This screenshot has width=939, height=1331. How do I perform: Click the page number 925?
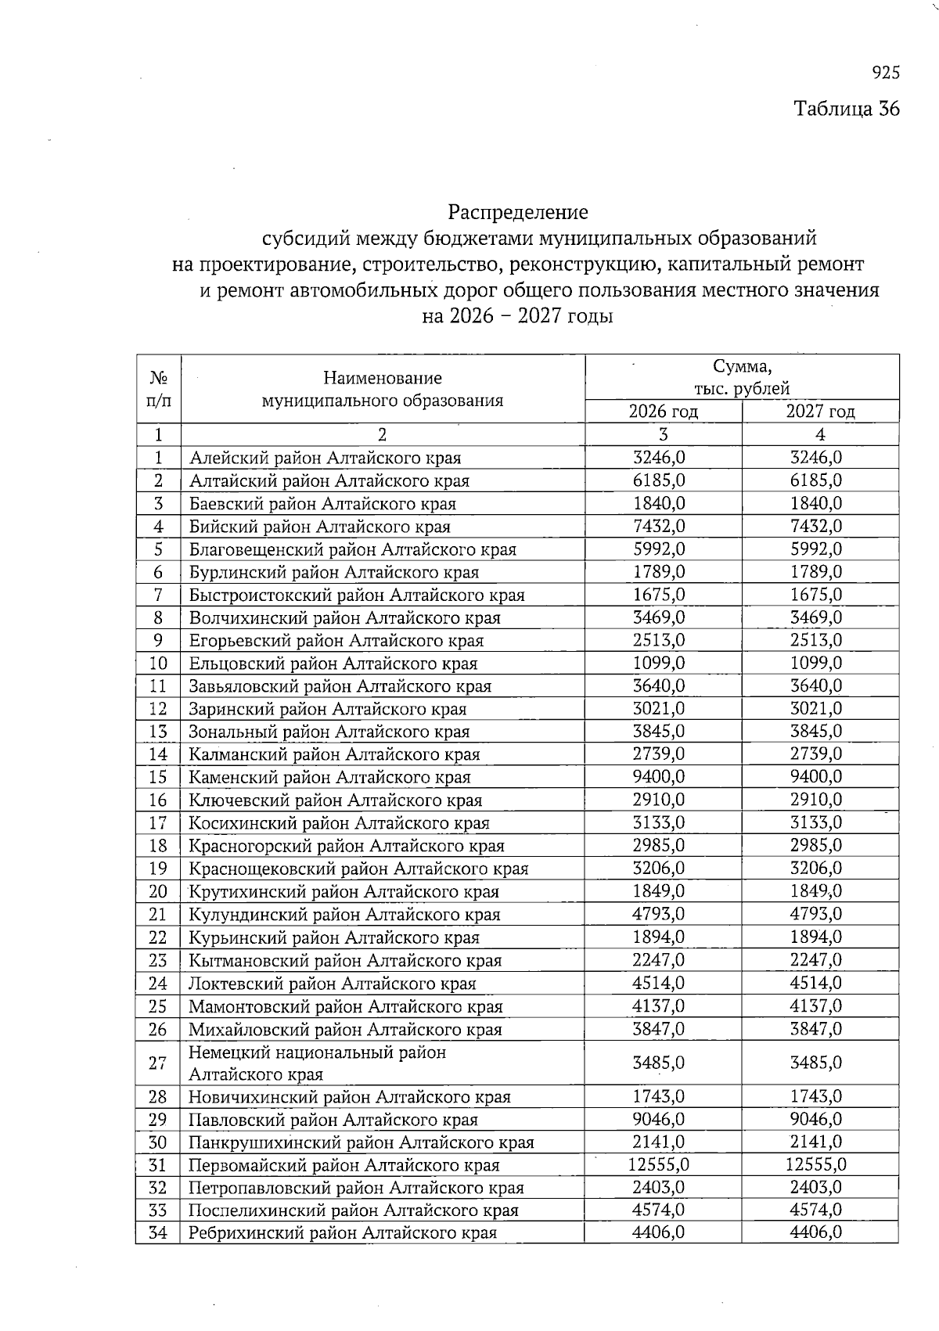pyautogui.click(x=886, y=73)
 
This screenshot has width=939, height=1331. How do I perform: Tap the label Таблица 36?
pyautogui.click(x=847, y=108)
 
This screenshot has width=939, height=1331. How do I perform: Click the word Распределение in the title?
pyautogui.click(x=517, y=212)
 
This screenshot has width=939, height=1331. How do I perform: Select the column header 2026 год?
pyautogui.click(x=663, y=412)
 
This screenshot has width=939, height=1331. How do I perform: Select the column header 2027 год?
pyautogui.click(x=819, y=412)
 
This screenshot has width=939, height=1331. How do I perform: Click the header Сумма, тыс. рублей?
pyautogui.click(x=741, y=377)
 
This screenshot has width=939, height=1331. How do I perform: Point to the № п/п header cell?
pyautogui.click(x=158, y=389)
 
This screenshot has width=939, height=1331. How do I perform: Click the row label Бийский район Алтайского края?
pyautogui.click(x=320, y=527)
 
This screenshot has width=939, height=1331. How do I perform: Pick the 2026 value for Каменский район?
pyautogui.click(x=659, y=777)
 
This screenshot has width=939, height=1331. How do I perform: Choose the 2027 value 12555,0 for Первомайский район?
pyautogui.click(x=815, y=1165)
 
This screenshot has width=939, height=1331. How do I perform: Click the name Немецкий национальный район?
pyautogui.click(x=317, y=1052)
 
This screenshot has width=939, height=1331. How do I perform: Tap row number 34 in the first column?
pyautogui.click(x=158, y=1233)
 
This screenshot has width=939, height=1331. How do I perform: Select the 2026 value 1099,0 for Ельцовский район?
pyautogui.click(x=659, y=664)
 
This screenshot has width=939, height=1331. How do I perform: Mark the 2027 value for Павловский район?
pyautogui.click(x=815, y=1120)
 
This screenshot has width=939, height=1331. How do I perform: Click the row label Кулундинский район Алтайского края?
pyautogui.click(x=344, y=915)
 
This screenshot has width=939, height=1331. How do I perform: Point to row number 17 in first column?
pyautogui.click(x=158, y=823)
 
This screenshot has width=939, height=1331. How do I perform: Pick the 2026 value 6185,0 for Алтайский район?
pyautogui.click(x=659, y=480)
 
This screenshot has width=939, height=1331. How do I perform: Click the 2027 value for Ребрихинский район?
pyautogui.click(x=815, y=1233)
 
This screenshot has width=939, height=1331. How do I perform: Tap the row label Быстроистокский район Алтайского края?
pyautogui.click(x=357, y=595)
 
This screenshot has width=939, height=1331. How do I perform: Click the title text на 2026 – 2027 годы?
pyautogui.click(x=517, y=317)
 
